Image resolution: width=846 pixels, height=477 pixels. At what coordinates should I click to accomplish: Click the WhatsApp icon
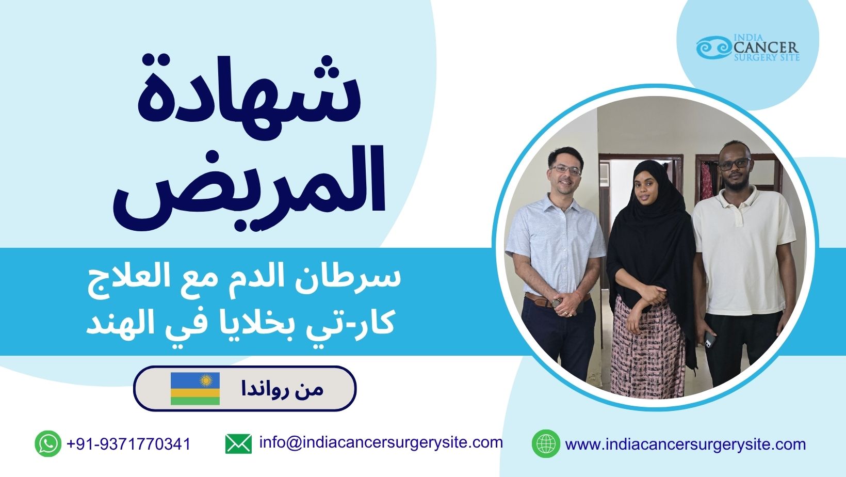point(48,443)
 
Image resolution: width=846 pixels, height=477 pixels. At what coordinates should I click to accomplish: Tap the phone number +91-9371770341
point(128,444)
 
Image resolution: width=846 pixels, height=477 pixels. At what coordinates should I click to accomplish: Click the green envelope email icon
point(238,443)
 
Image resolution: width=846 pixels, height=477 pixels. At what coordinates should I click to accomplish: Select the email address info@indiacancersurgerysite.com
point(381,442)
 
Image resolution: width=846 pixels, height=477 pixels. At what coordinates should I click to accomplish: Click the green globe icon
point(546,443)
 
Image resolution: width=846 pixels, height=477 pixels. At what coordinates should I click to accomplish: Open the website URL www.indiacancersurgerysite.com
point(685,444)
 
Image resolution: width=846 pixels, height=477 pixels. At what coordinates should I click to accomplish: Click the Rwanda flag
point(195,389)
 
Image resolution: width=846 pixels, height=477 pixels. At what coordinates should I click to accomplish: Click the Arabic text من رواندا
point(283,389)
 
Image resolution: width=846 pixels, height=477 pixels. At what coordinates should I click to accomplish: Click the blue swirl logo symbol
point(713,48)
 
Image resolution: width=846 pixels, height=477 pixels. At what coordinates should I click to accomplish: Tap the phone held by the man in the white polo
point(710,339)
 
